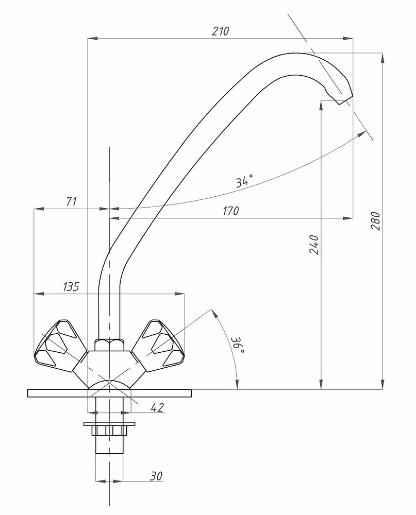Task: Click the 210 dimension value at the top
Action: tap(220, 31)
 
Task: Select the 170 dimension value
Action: tap(230, 211)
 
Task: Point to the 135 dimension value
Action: tap(71, 286)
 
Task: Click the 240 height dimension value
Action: tap(314, 244)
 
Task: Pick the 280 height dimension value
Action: tap(376, 221)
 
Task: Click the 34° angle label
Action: tap(245, 181)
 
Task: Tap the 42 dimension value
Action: tap(157, 407)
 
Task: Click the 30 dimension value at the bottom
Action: tap(156, 476)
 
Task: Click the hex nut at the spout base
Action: tap(109, 345)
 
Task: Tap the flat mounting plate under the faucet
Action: tap(109, 393)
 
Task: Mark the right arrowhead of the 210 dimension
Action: tap(348, 39)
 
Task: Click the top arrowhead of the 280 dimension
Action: tap(382, 58)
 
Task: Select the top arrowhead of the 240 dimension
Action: tap(321, 105)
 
